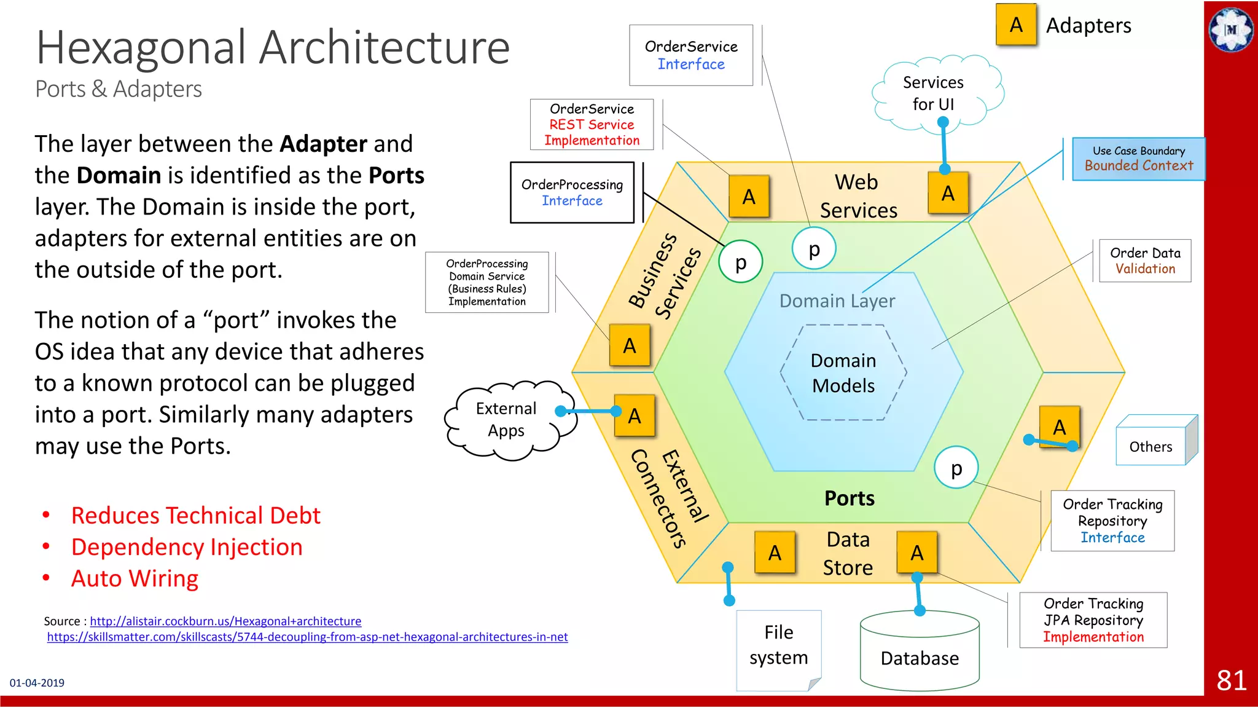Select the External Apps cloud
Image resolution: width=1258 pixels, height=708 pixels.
coord(506,420)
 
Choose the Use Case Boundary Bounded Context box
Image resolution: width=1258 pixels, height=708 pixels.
coord(1138,159)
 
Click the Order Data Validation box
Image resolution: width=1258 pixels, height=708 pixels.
coord(1145,261)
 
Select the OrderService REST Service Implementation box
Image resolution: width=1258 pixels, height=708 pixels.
coord(592,125)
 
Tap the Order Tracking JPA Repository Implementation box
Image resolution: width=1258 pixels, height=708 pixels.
coord(1093,620)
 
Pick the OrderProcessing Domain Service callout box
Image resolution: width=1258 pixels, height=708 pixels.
coord(486,282)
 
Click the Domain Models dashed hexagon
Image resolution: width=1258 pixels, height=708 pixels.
coord(843,372)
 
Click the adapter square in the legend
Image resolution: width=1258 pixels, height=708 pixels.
coord(1016,25)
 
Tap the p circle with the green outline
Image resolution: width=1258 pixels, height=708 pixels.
coord(741,262)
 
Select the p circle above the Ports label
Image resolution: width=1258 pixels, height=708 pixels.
coord(956,468)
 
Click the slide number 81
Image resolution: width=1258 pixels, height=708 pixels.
coord(1231,680)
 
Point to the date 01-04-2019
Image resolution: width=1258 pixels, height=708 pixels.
coord(37,683)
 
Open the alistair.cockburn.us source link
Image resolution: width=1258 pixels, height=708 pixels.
coord(225,621)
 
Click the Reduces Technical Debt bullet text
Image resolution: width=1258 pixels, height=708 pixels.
coord(195,516)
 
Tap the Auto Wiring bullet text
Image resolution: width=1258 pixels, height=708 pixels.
coord(135,579)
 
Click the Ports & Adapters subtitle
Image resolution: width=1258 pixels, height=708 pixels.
coord(119,89)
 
